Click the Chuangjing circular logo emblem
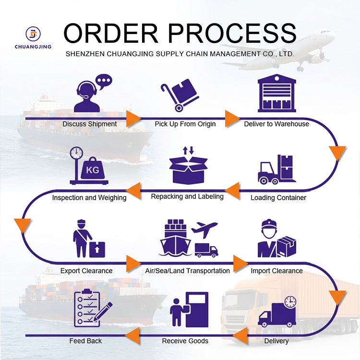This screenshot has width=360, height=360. coord(33,34)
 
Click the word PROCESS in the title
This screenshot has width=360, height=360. coord(232,33)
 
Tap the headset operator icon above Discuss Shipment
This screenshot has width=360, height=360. coord(87,96)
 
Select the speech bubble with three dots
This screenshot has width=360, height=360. coord(104,82)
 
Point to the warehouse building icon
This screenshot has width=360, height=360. coord(276,93)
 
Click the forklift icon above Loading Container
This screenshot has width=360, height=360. coord(276,169)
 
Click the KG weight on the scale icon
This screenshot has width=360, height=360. coord(93,168)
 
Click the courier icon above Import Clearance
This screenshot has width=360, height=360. coord(276,238)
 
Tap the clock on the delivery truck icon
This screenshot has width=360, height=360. coord(290,301)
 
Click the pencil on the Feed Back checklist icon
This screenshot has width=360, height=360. coord(103,312)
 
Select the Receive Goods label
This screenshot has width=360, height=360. coord(185,341)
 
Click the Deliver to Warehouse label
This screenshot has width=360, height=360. coord(276,124)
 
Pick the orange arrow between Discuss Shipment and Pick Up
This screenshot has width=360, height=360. coord(133,119)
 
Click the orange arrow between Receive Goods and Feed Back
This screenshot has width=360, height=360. coord(132,336)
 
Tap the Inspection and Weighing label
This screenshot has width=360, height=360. coord(89,198)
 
